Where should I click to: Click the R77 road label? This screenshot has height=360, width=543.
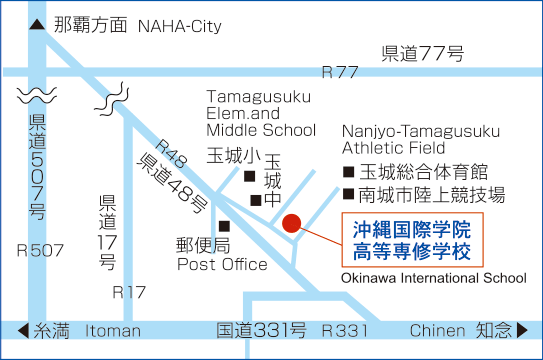340,72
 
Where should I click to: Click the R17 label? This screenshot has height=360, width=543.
129,292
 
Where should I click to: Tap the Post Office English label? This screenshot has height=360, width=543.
222,264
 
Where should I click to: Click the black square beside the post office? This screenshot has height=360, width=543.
224,226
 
